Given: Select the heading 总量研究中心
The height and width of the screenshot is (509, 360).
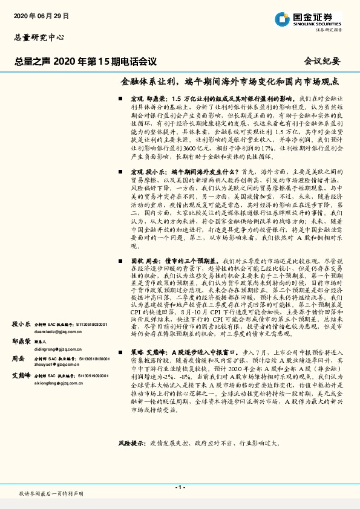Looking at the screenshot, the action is (39, 37).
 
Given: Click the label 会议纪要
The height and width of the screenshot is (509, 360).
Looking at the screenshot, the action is (321, 60).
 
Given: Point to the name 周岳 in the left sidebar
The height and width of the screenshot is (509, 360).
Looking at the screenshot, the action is (18, 358).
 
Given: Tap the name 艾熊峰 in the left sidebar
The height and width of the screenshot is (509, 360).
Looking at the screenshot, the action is (21, 375).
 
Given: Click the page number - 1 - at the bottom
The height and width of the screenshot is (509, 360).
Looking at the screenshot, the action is (180, 487).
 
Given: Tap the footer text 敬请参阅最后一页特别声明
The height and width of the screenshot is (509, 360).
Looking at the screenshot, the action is (51, 493).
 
